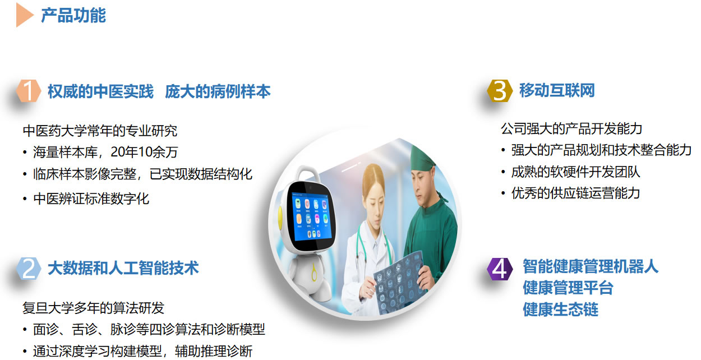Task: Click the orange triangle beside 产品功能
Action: (x=25, y=15)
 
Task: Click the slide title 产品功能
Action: (x=73, y=15)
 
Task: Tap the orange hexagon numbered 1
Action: (x=29, y=91)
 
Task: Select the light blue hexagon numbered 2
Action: (x=29, y=268)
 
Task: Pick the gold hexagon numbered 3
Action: (x=500, y=91)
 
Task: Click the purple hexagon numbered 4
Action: (x=500, y=269)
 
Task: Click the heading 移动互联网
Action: (x=557, y=90)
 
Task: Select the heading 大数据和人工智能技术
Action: (x=123, y=268)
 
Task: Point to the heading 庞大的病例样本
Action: (x=218, y=91)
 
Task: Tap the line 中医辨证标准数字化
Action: (x=91, y=199)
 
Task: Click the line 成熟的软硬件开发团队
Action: (x=575, y=172)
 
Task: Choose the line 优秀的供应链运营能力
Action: (x=575, y=193)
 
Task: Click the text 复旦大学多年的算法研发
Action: (x=93, y=308)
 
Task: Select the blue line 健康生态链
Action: (x=560, y=310)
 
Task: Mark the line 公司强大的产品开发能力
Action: (x=571, y=129)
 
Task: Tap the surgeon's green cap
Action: (x=423, y=158)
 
